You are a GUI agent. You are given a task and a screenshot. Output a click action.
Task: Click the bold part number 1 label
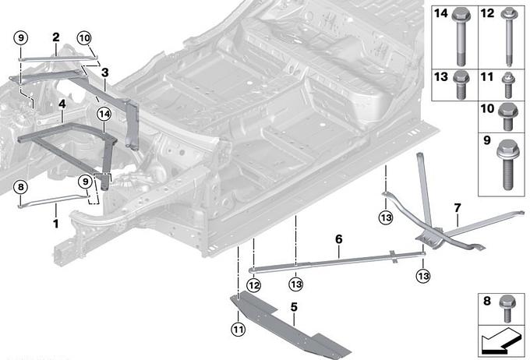tap(55, 224)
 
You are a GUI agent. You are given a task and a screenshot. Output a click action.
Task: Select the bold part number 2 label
tap(56, 37)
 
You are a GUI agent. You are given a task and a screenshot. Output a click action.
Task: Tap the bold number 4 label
tap(62, 102)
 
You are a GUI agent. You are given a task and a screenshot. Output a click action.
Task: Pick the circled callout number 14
tap(104, 114)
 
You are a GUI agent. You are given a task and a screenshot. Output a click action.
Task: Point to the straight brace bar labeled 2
tap(55, 53)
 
